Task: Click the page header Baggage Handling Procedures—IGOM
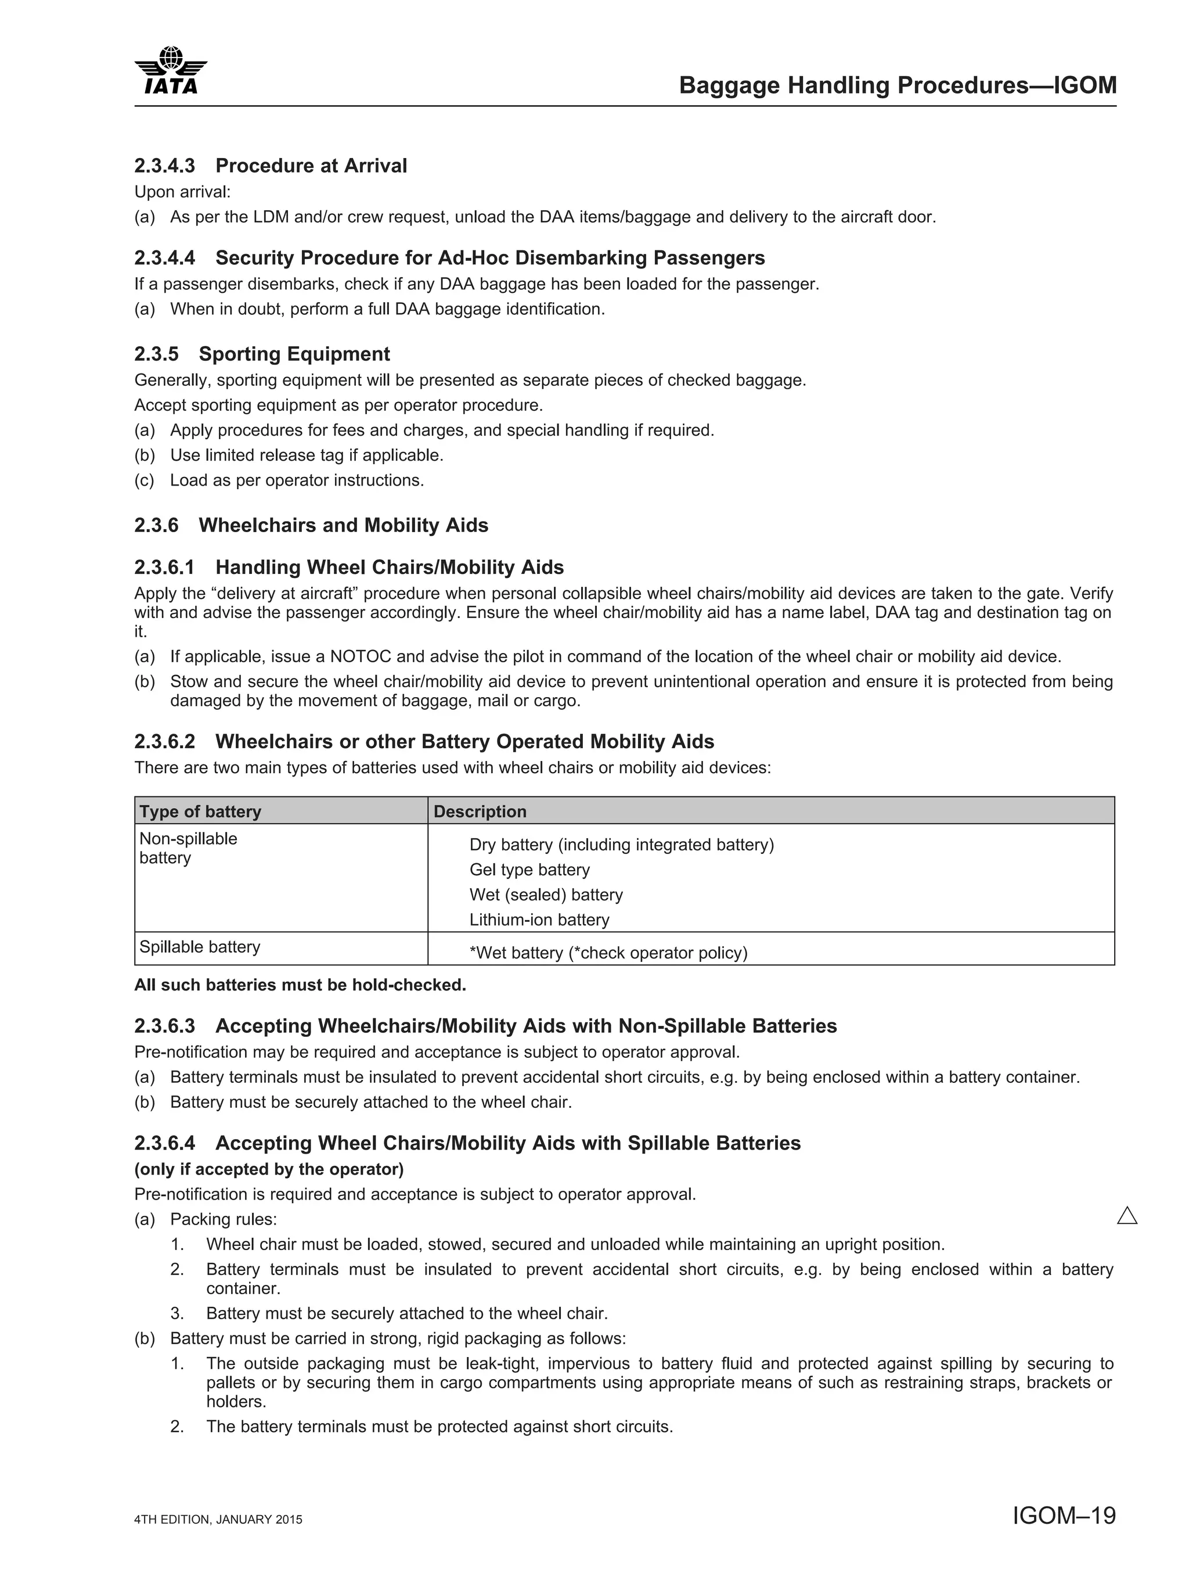(897, 85)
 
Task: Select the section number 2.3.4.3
(164, 166)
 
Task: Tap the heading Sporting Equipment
(294, 354)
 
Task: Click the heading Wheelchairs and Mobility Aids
(343, 525)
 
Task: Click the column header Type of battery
(200, 812)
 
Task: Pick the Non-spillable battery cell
(188, 848)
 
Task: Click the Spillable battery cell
(200, 947)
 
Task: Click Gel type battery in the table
(529, 870)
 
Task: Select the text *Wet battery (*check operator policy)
(608, 953)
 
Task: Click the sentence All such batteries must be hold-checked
(300, 985)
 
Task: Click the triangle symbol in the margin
(1127, 1215)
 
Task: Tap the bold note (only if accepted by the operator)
(268, 1169)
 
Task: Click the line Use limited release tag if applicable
(306, 455)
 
